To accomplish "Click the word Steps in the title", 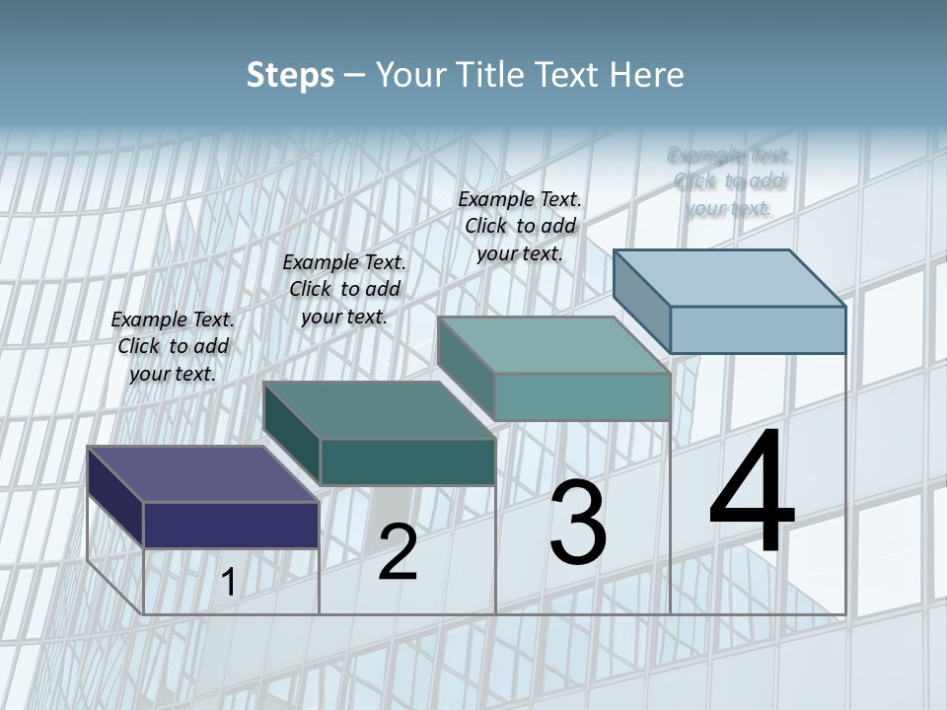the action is tap(290, 75).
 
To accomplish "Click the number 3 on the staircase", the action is tap(577, 523).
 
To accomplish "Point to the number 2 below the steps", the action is tap(398, 552).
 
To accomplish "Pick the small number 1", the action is tap(228, 583).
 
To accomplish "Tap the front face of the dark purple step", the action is tap(231, 525).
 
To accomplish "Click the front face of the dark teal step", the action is tap(407, 461).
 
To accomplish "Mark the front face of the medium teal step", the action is tap(582, 396).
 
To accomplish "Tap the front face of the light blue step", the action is tap(758, 329).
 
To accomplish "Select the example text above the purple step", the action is tap(173, 346).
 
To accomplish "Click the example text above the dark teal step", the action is tap(344, 289).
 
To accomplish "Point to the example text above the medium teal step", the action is tap(520, 226).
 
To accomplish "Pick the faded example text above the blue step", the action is tap(729, 181).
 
